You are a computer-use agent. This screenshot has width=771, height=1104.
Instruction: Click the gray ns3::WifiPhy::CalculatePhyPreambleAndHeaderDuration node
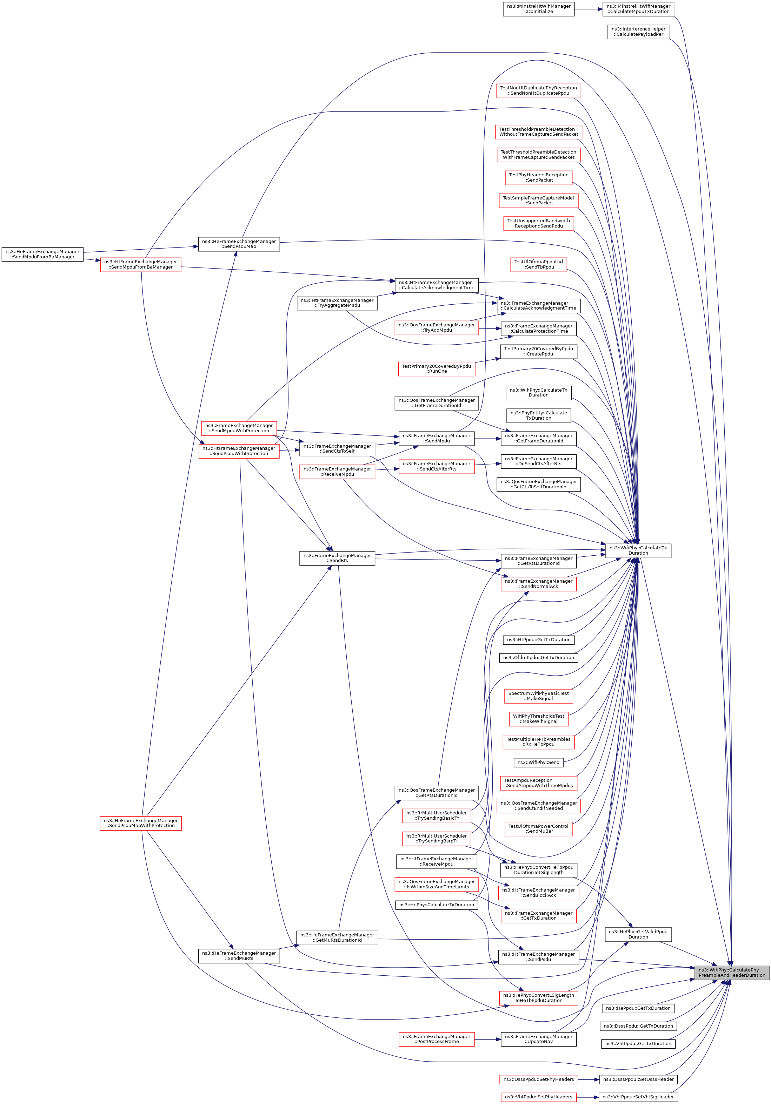pyautogui.click(x=732, y=972)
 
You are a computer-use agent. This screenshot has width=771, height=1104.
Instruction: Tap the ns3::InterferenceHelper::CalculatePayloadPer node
pyautogui.click(x=638, y=32)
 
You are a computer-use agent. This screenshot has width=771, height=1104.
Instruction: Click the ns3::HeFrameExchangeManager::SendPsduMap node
pyautogui.click(x=239, y=244)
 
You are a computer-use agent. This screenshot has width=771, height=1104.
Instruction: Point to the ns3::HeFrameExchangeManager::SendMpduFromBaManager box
pyautogui.click(x=42, y=255)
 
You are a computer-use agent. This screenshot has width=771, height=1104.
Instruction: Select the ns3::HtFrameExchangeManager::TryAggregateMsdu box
pyautogui.click(x=337, y=303)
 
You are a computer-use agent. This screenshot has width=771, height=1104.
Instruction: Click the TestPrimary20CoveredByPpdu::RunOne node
pyautogui.click(x=436, y=369)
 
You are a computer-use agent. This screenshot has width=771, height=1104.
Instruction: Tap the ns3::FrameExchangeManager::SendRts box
pyautogui.click(x=337, y=558)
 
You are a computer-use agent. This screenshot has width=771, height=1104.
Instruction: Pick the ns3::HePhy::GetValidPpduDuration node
pyautogui.click(x=638, y=934)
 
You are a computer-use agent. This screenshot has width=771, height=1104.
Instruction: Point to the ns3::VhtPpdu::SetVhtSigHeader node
pyautogui.click(x=638, y=1097)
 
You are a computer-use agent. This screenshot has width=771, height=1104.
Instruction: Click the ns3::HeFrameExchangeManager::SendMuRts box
pyautogui.click(x=239, y=956)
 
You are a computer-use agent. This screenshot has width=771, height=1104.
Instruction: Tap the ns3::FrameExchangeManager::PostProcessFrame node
pyautogui.click(x=436, y=1039)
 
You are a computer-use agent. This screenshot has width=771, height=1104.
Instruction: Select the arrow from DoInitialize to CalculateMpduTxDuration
pyautogui.click(x=588, y=9)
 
